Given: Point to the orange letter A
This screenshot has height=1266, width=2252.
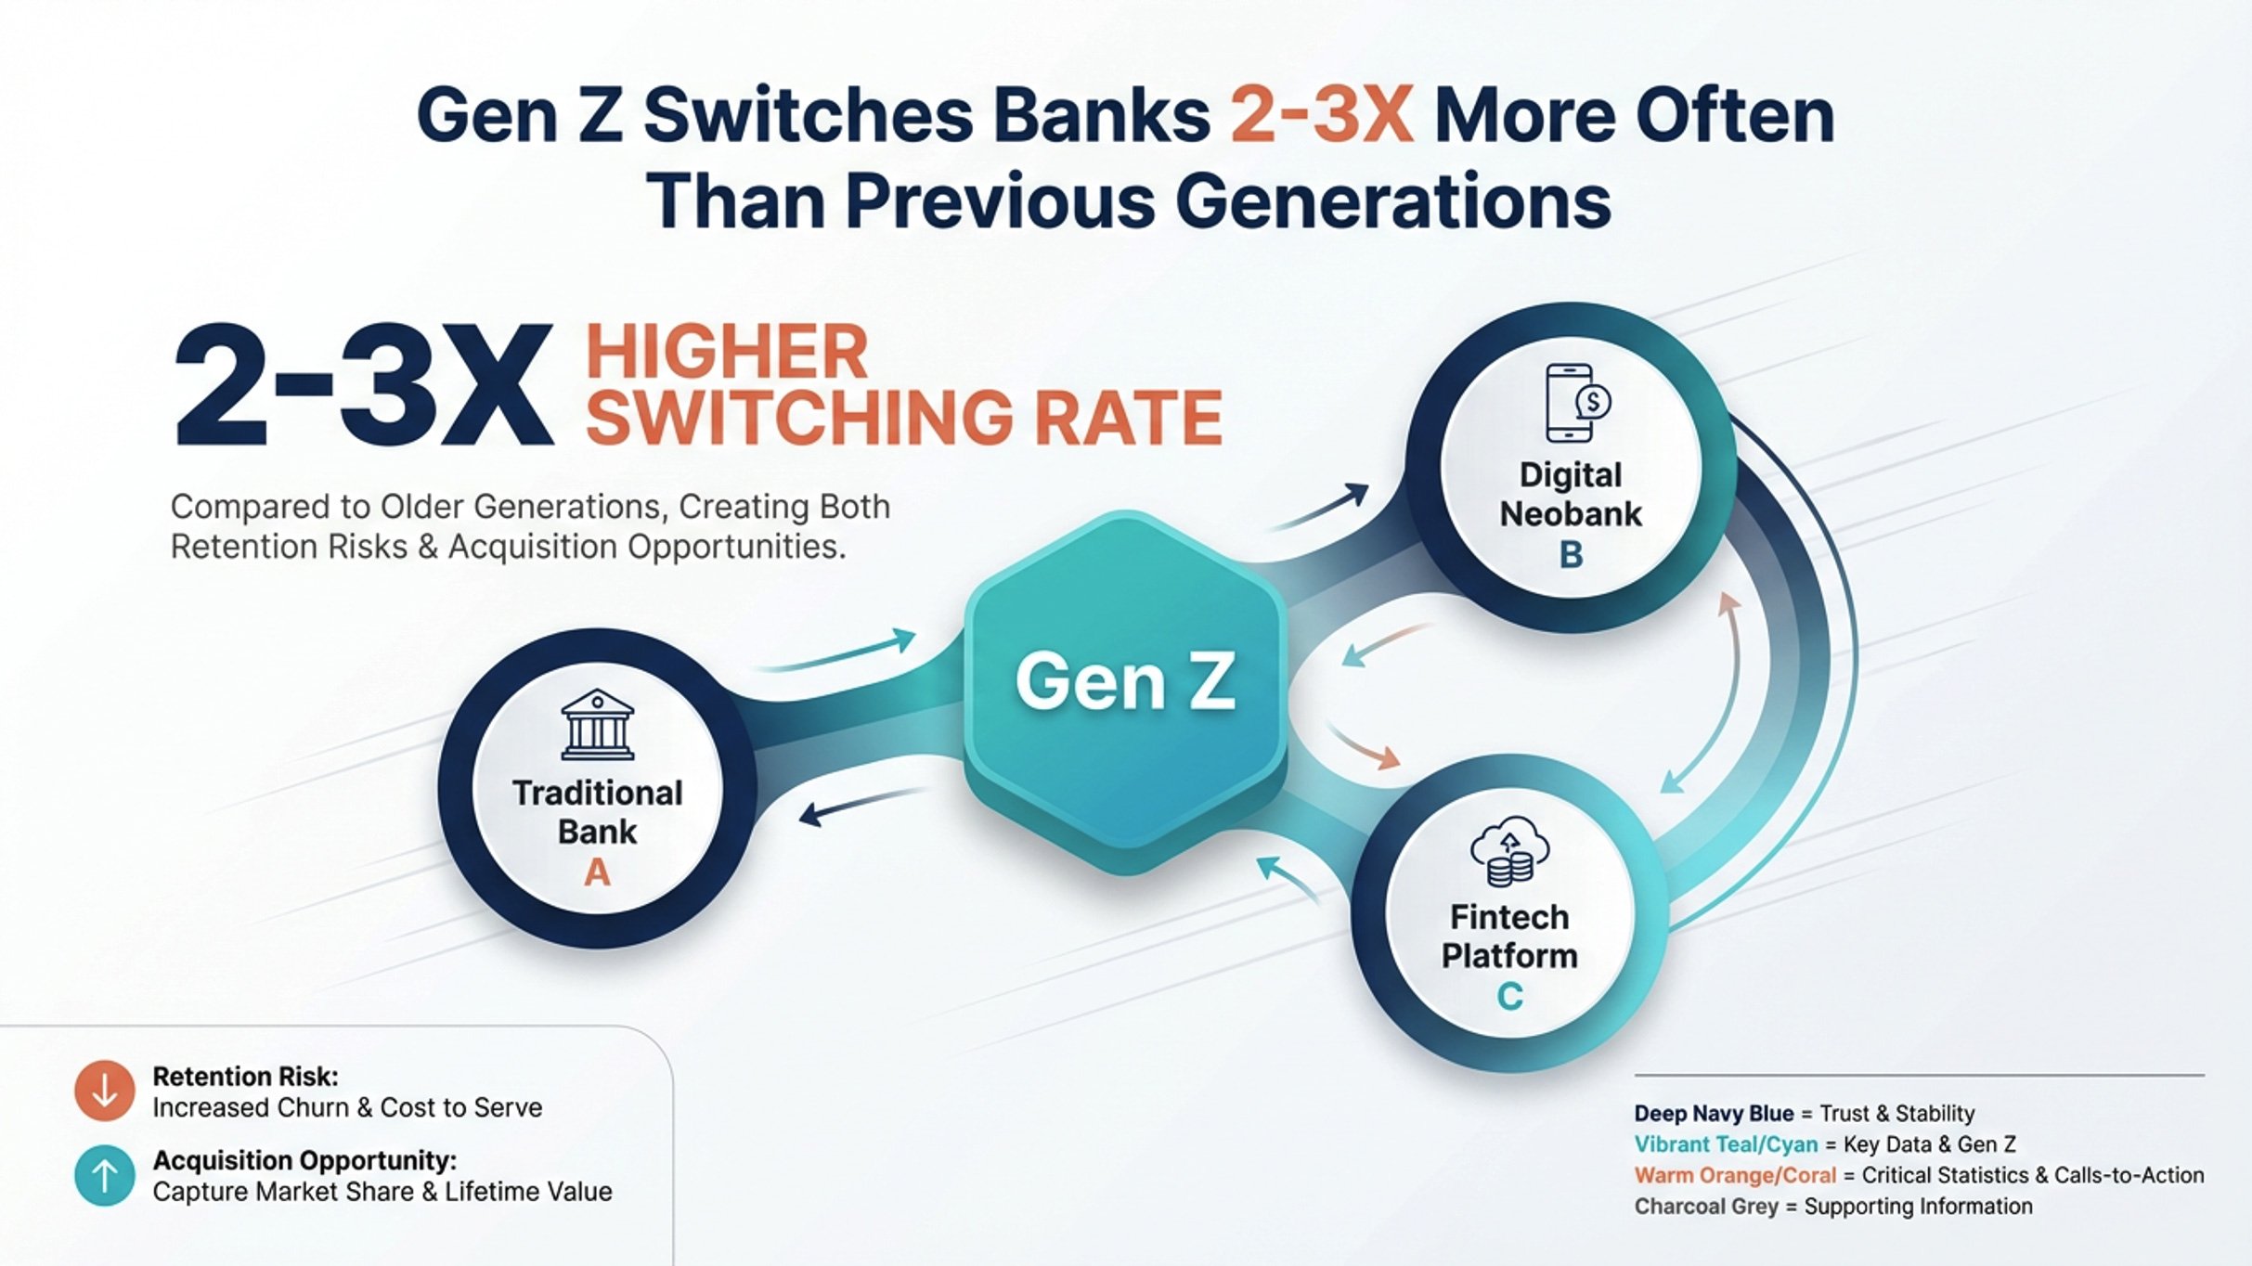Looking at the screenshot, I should click(597, 872).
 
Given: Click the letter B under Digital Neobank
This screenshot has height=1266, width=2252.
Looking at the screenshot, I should click(1571, 555).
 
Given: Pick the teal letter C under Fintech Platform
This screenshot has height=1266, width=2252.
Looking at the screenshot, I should click(1509, 997).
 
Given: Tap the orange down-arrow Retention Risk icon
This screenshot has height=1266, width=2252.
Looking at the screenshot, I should click(105, 1091).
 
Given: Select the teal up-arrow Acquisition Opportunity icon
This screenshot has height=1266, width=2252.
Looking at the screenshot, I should click(105, 1176).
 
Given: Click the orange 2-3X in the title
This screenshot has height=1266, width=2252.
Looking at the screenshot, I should click(1322, 116).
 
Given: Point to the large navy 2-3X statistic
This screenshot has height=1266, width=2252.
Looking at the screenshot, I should click(362, 386).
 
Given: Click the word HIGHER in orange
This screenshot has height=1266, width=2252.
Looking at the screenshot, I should click(727, 352).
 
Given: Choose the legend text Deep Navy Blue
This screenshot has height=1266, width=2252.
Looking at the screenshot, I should click(1714, 1113).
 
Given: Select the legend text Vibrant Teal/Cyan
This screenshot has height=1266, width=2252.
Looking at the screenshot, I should click(1726, 1144).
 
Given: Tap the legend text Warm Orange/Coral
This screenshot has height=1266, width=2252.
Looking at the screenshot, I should click(1735, 1175).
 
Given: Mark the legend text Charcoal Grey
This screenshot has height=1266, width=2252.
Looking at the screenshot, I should click(1706, 1207).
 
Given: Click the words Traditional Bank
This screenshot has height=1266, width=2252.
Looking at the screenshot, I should click(597, 812).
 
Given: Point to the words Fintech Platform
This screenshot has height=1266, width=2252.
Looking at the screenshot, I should click(1509, 937).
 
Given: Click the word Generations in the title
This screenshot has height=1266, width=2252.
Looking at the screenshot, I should click(1392, 200).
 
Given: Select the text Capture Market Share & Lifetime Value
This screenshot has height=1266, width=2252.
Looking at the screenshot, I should click(382, 1192).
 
